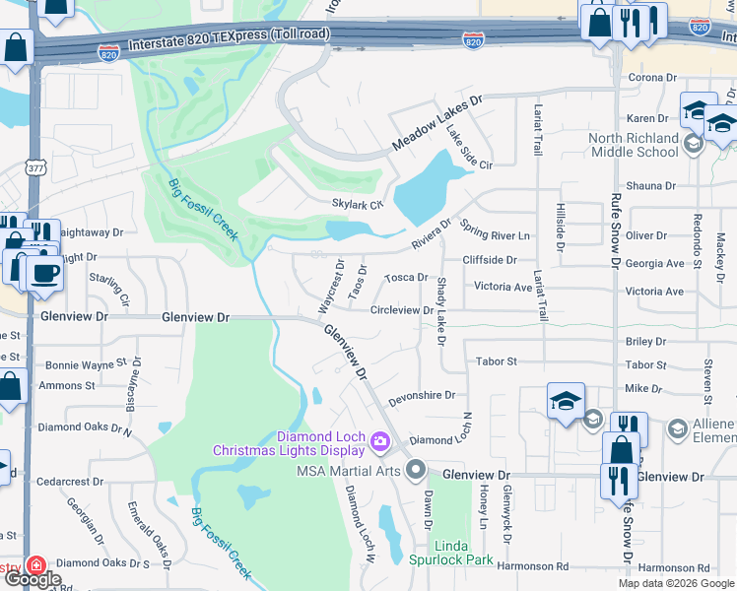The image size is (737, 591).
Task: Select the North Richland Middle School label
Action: coord(634,145)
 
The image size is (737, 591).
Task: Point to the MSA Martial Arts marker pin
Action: coord(416,470)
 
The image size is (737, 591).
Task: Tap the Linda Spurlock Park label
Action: coord(451,552)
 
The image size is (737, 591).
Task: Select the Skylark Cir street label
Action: coord(356,204)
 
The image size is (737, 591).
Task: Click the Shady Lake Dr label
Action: coord(440,310)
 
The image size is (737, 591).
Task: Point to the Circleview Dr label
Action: coord(402,310)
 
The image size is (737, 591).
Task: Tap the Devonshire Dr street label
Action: coord(422,395)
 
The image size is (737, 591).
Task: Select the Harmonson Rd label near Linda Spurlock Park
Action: coord(534,566)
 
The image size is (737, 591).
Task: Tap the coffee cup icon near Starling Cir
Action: coord(43,272)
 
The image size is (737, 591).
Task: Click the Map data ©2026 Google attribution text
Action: coord(676,583)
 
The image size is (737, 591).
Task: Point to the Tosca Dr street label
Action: coord(406,278)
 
